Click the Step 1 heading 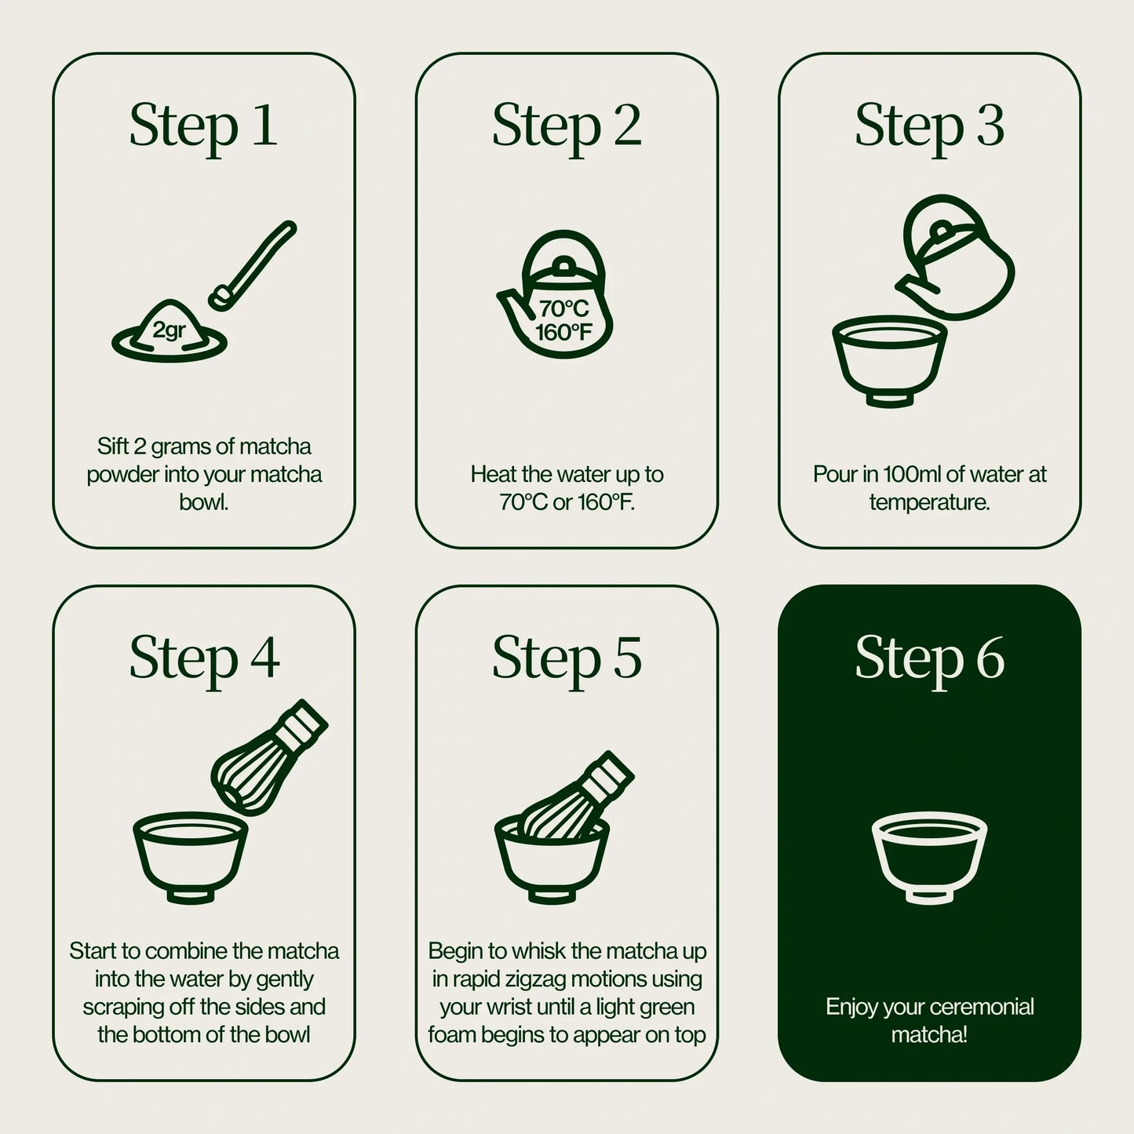[203, 126]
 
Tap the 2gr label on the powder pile [169, 330]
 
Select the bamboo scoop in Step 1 [253, 264]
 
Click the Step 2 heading [566, 126]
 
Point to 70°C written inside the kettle [563, 308]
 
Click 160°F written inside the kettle [563, 333]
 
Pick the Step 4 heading [203, 658]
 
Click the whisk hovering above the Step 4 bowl [267, 757]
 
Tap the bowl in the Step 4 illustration [191, 856]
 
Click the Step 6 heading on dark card [929, 658]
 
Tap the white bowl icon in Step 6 [929, 856]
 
